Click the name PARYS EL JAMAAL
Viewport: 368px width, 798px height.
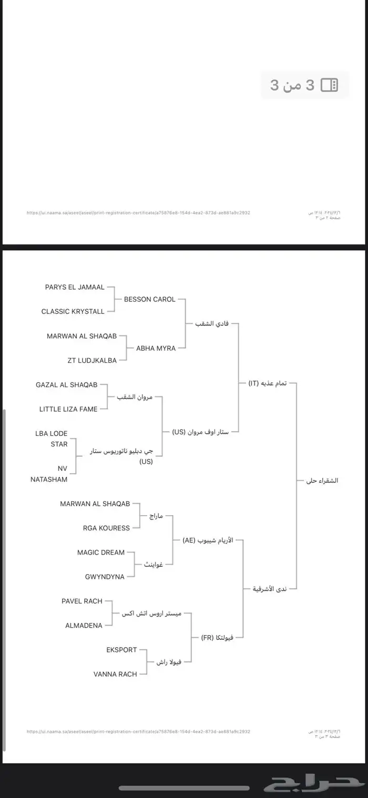pyautogui.click(x=75, y=287)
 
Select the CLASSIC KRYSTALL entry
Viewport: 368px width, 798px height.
pyautogui.click(x=73, y=311)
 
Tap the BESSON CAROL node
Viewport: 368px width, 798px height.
pyautogui.click(x=149, y=299)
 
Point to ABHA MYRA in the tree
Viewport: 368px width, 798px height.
pyautogui.click(x=156, y=348)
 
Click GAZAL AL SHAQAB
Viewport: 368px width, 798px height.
pyautogui.click(x=67, y=385)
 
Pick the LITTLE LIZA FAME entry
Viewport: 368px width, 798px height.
pyautogui.click(x=68, y=409)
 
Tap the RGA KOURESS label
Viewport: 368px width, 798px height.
pyautogui.click(x=106, y=528)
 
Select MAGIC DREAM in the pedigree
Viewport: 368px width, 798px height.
pyautogui.click(x=101, y=553)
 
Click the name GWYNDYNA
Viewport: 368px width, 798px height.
pyautogui.click(x=105, y=577)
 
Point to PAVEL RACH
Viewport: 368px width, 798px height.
pyautogui.click(x=81, y=601)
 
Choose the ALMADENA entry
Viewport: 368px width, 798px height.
pyautogui.click(x=84, y=625)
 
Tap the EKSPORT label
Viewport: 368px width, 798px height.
pyautogui.click(x=121, y=650)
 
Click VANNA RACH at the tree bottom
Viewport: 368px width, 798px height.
pyautogui.click(x=115, y=674)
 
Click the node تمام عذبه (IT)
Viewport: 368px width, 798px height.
pyautogui.click(x=268, y=383)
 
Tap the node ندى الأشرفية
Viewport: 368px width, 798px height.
pyautogui.click(x=270, y=589)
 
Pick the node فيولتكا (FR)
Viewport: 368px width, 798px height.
pyautogui.click(x=217, y=638)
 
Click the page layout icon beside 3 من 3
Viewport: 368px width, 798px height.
pyautogui.click(x=329, y=85)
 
